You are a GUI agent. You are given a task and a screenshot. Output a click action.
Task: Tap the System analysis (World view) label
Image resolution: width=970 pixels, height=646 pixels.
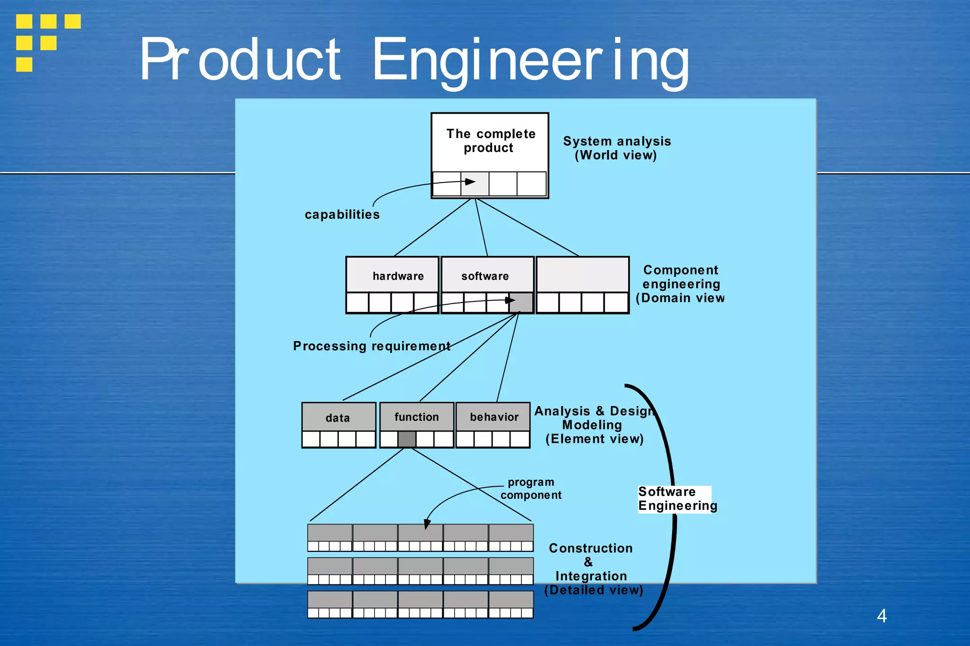[616, 148]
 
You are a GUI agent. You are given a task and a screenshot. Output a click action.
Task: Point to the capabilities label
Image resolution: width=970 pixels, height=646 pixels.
[342, 214]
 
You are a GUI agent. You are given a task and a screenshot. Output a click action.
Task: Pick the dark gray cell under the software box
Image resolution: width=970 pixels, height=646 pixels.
[521, 302]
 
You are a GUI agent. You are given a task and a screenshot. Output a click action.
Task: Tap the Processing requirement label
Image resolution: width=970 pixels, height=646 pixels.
[371, 346]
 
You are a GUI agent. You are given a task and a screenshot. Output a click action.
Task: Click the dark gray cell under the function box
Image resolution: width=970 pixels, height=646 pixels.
[407, 439]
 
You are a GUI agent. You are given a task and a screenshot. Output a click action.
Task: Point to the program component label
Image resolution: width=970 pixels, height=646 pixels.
[531, 488]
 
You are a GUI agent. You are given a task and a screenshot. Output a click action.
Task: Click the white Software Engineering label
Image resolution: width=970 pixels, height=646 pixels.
[676, 499]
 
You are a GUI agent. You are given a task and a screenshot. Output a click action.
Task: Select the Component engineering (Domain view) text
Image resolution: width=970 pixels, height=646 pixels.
[681, 284]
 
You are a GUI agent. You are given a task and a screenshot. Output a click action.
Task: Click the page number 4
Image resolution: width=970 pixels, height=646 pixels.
[881, 616]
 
